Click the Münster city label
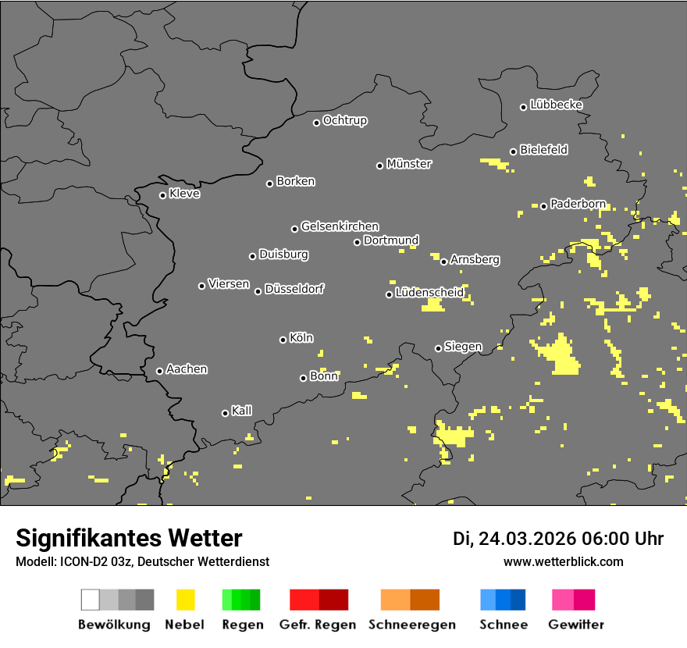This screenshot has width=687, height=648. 409,164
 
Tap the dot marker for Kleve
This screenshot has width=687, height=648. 162,195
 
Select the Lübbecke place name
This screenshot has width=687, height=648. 556,105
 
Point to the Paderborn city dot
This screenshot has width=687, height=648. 544,206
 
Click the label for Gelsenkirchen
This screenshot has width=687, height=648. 340,226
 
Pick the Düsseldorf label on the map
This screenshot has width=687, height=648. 294,289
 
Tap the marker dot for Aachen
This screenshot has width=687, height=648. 159,371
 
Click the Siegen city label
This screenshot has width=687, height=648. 463,347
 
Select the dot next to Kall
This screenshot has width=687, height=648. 225,413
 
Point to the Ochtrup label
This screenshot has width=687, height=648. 345,120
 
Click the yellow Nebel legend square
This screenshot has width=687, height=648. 185,600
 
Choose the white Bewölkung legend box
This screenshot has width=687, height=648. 91,600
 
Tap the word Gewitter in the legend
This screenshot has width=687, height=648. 576,625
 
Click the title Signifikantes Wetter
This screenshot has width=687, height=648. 129,538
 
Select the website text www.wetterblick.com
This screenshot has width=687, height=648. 564,561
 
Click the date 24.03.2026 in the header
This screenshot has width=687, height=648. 525,539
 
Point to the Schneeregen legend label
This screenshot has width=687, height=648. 412,625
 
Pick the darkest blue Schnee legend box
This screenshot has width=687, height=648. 518,600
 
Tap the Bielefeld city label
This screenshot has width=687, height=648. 543,149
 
